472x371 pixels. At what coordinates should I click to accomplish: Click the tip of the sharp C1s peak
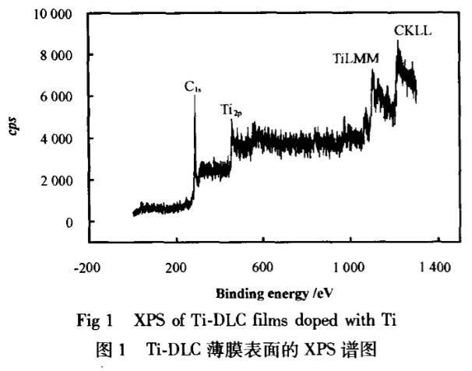pos(194,96)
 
